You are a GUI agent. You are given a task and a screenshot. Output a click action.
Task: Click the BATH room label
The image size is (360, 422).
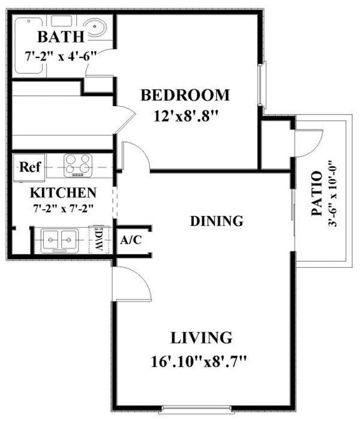[61, 37]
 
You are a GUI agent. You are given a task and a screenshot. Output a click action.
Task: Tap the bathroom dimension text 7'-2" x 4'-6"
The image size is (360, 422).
[61, 57]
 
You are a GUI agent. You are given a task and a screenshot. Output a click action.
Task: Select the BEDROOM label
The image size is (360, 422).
[185, 95]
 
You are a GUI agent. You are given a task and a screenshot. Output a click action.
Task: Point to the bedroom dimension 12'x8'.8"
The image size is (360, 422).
[185, 115]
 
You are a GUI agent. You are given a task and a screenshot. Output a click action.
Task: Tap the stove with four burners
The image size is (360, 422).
[79, 165]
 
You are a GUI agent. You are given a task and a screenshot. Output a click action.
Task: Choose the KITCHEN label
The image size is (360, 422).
[64, 193]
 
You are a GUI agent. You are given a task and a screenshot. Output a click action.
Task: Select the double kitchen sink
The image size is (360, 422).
[59, 240]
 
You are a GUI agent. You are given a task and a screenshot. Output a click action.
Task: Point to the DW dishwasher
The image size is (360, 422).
[98, 240]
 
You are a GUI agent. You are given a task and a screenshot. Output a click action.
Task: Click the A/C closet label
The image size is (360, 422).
[131, 240]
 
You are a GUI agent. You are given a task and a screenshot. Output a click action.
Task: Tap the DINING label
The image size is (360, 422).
[217, 221]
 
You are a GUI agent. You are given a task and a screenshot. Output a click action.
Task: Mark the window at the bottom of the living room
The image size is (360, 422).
[196, 410]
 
